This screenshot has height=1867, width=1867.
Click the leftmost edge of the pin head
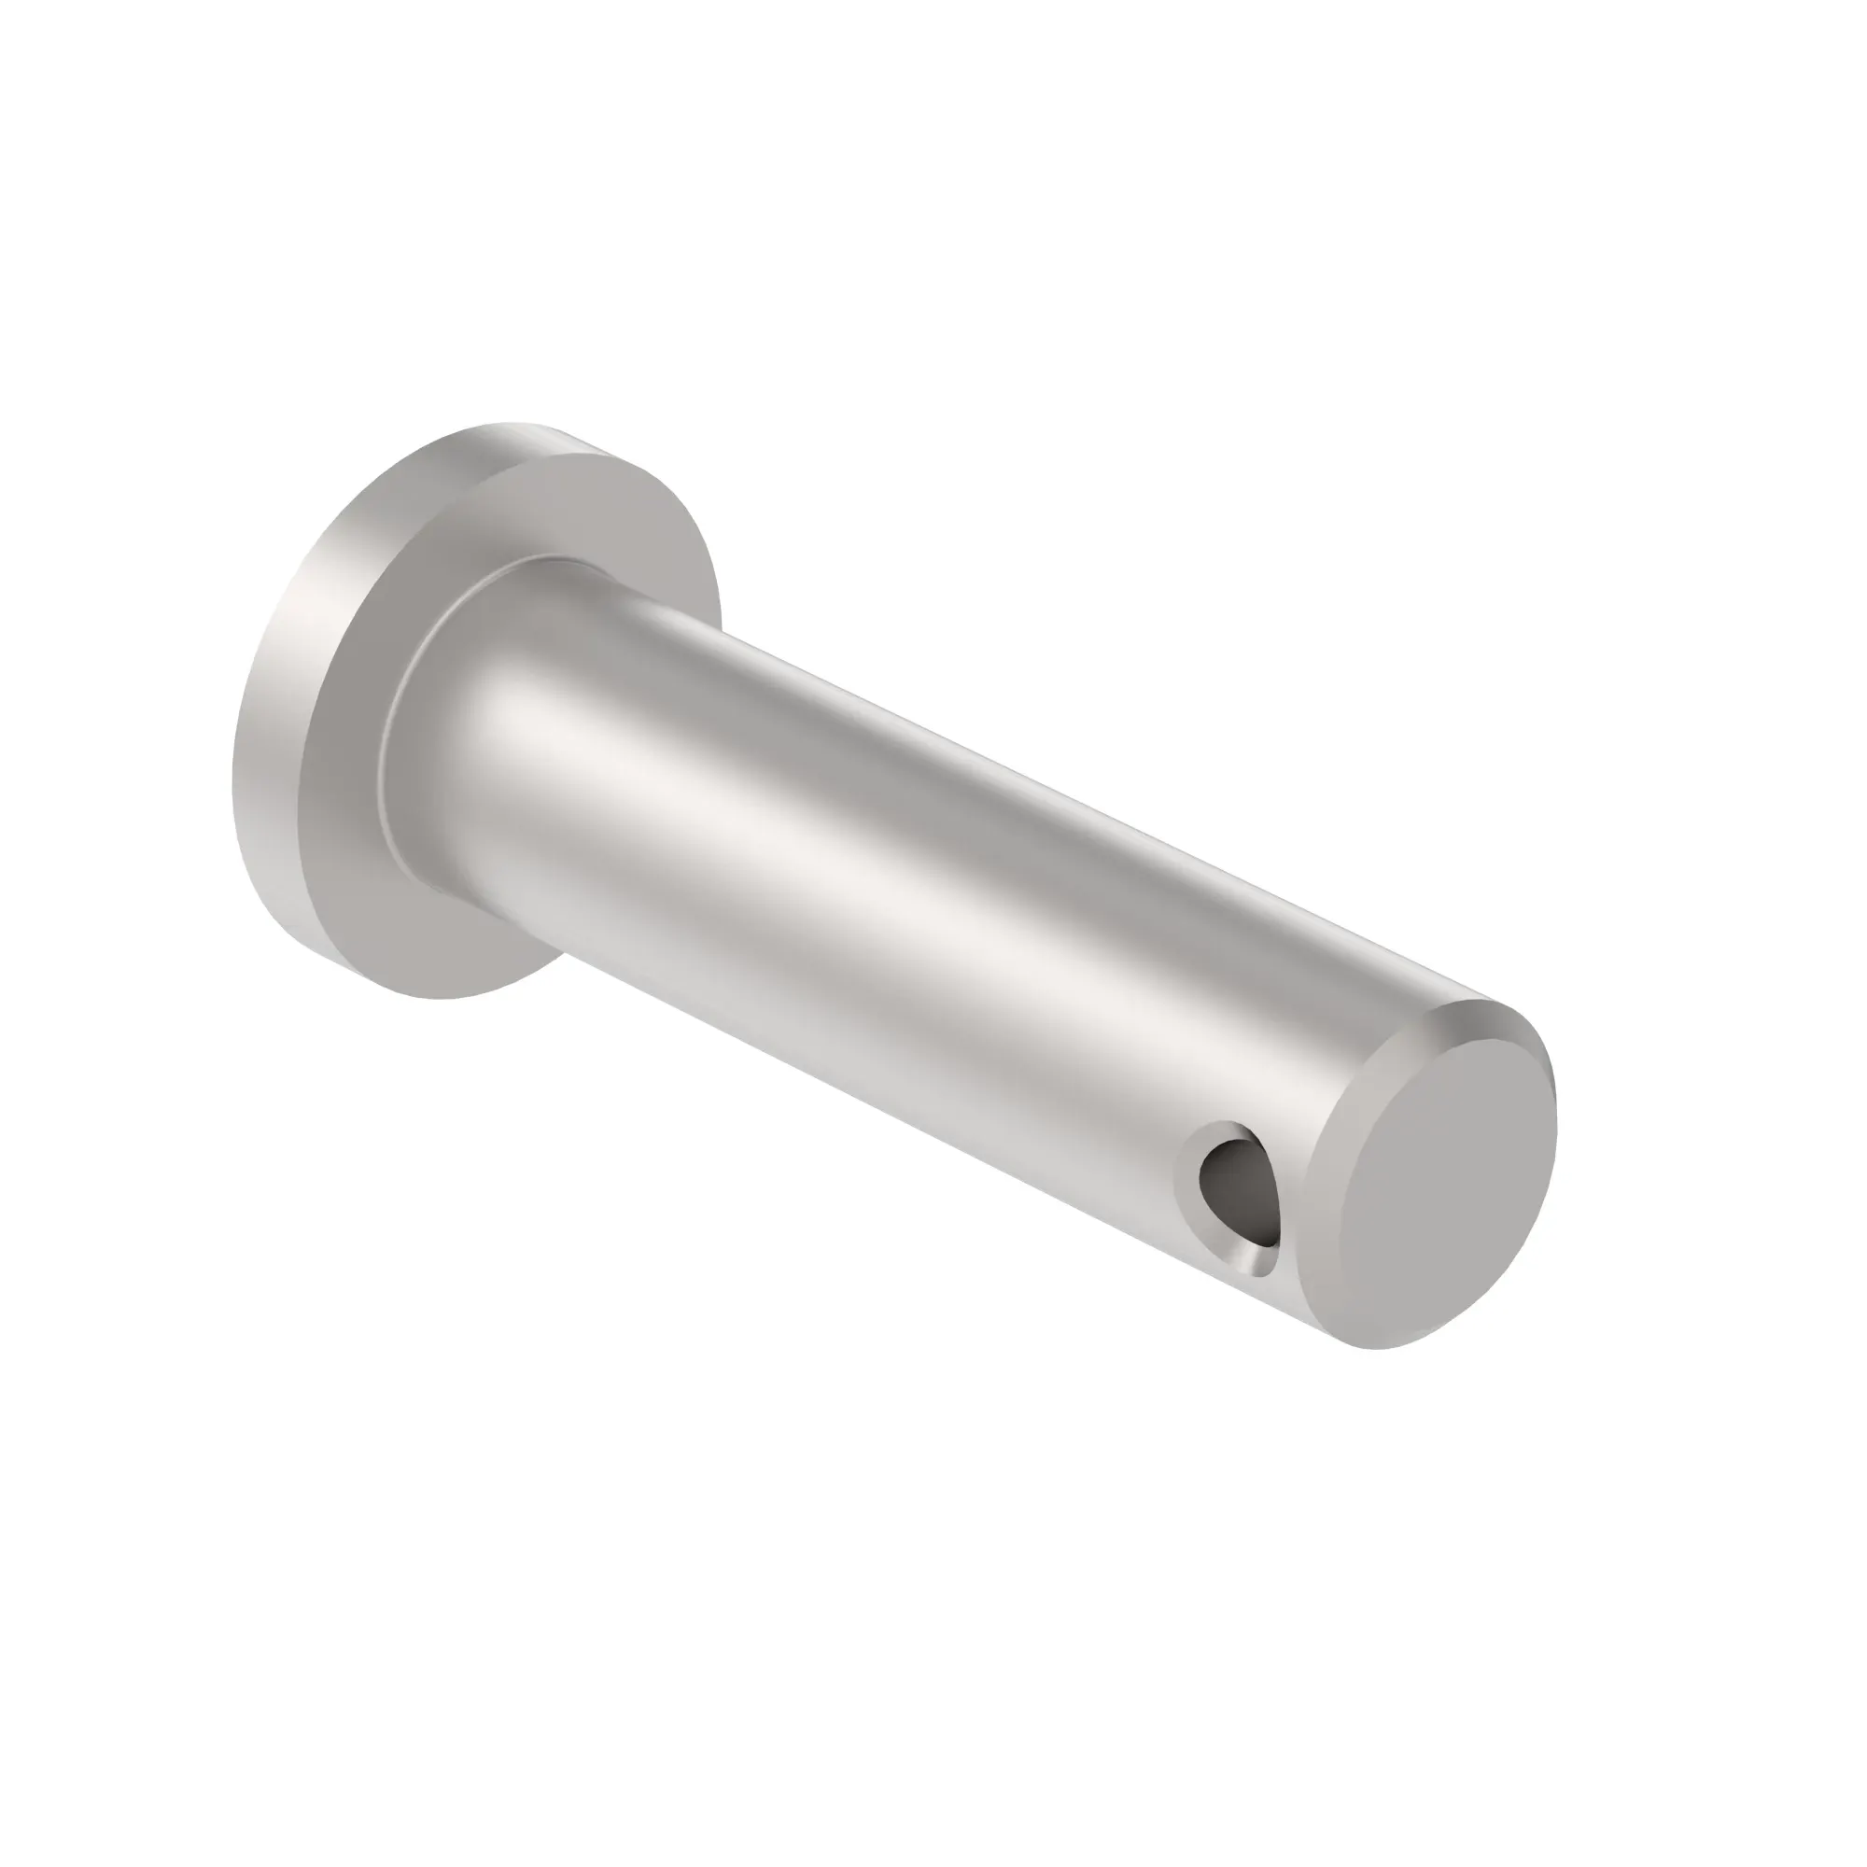[x=232, y=793]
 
